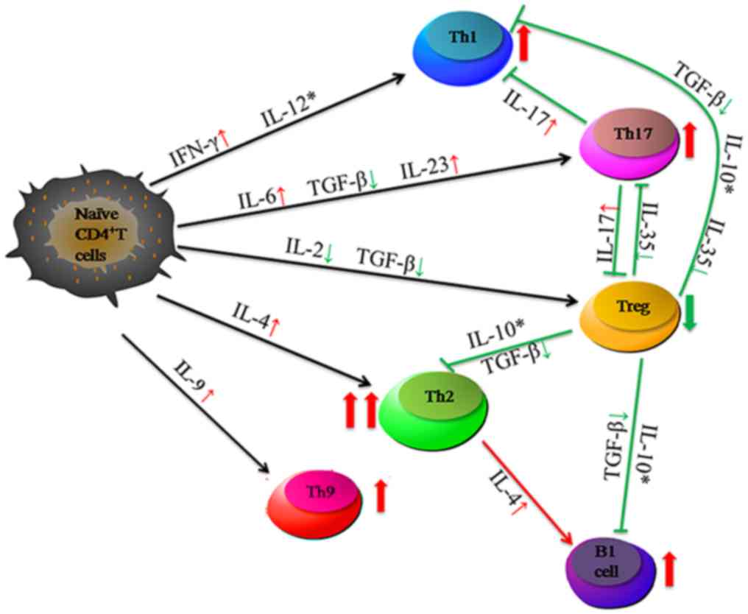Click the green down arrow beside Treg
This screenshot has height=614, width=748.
[x=689, y=313]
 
